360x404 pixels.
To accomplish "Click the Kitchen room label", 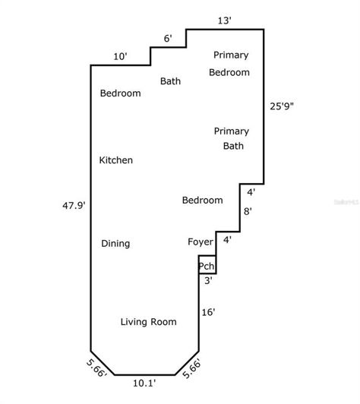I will click(x=116, y=160).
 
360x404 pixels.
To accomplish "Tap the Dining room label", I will click(x=115, y=244).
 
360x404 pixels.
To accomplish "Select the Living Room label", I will click(x=149, y=322).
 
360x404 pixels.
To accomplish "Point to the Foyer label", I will click(x=201, y=242).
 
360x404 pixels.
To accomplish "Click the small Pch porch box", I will click(x=207, y=266).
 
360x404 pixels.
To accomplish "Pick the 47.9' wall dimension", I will click(x=74, y=204).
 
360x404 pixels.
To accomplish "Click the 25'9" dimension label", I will click(x=283, y=107).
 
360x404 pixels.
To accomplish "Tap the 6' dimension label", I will click(x=168, y=39).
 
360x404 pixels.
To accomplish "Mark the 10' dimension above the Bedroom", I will click(x=120, y=56).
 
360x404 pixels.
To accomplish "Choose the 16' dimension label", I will click(x=209, y=312).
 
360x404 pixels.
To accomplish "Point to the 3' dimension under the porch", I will click(x=207, y=280).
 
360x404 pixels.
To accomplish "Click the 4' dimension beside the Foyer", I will click(x=227, y=240).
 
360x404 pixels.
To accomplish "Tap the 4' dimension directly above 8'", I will click(x=251, y=192).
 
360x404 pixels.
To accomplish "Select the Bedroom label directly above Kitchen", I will click(x=121, y=93).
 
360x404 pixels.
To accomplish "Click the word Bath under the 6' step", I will click(x=170, y=81).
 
